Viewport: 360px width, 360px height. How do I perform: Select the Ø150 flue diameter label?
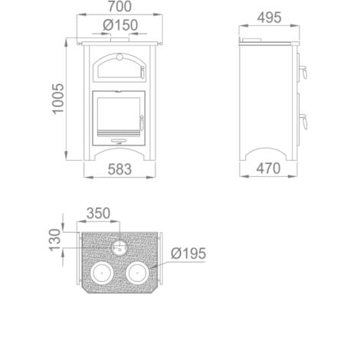pyautogui.click(x=121, y=25)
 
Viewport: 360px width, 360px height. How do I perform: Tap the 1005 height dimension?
pyautogui.click(x=59, y=100)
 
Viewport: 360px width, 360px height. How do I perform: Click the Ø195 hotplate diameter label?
pyautogui.click(x=188, y=252)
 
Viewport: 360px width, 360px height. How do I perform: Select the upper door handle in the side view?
pyautogui.click(x=303, y=74)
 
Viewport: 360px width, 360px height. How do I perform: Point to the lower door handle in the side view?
pyautogui.click(x=303, y=119)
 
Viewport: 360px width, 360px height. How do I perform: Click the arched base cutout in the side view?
pyautogui.click(x=267, y=153)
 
